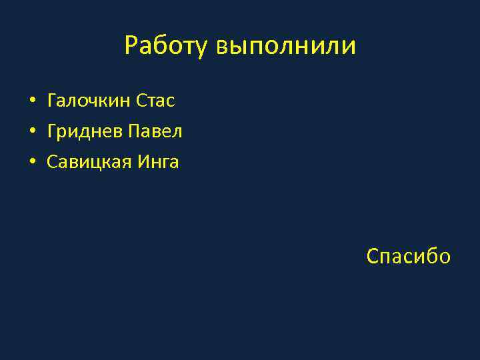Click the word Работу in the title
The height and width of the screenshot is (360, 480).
(167, 47)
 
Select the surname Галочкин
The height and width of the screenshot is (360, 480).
(89, 101)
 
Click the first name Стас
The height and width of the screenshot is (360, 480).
(155, 101)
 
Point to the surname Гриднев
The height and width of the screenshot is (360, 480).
(85, 132)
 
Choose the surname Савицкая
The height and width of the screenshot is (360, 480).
(89, 162)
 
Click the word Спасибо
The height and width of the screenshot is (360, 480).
(409, 256)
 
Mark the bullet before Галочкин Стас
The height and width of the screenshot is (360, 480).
(32, 102)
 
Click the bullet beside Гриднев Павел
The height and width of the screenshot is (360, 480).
(32, 132)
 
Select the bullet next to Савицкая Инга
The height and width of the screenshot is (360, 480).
(32, 162)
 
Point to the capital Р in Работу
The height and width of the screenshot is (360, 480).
(131, 46)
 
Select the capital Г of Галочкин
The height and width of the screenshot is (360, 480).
(52, 101)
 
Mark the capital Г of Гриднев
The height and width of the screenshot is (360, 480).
(52, 132)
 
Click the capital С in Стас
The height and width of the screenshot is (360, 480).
(141, 101)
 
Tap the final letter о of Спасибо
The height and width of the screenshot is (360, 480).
(444, 257)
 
